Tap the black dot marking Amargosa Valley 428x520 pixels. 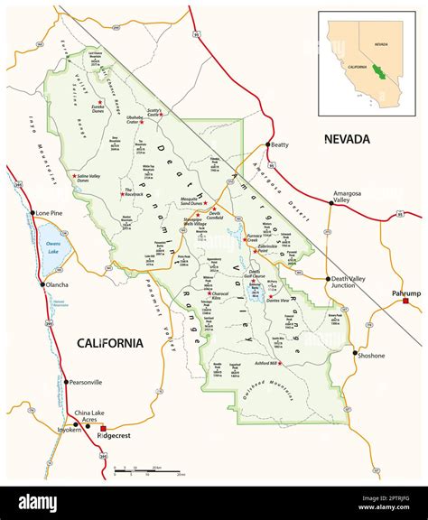330,203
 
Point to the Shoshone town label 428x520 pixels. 372,355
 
